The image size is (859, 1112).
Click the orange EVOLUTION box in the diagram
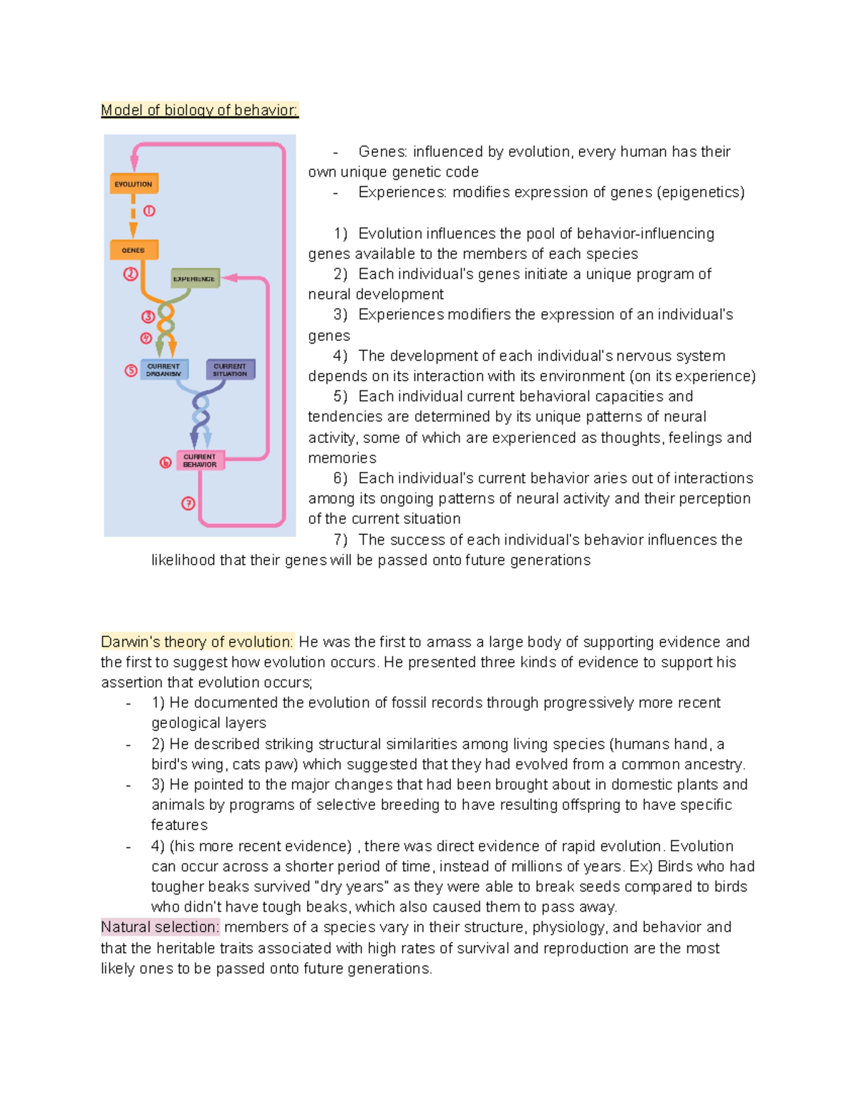tap(134, 184)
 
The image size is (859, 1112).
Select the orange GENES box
tap(133, 250)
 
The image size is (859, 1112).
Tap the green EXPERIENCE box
tap(195, 279)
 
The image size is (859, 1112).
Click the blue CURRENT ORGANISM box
tap(164, 369)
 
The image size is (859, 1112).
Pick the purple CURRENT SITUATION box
tap(230, 369)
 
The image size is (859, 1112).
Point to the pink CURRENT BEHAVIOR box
tap(200, 460)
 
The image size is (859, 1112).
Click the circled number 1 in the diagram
tap(149, 211)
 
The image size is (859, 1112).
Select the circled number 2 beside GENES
tap(130, 274)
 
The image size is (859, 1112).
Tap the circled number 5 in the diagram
tap(131, 370)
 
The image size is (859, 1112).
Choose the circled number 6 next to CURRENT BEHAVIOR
tap(165, 463)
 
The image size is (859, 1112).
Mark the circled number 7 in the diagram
tap(188, 503)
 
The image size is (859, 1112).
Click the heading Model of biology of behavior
tap(199, 110)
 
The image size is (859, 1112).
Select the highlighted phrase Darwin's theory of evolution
tap(197, 642)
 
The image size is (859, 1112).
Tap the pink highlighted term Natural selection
tap(160, 927)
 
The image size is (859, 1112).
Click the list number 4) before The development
tap(340, 356)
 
